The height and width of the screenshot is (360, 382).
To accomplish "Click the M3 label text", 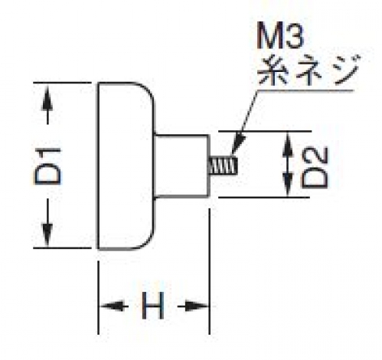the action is [280, 35].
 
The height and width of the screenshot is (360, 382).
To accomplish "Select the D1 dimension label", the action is [48, 166].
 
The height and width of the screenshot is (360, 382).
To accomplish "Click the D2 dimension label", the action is [315, 168].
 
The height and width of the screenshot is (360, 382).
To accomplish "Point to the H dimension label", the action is [152, 306].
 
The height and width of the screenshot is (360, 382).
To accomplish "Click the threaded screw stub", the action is [224, 165].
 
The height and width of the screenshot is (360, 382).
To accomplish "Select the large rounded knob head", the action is [126, 165].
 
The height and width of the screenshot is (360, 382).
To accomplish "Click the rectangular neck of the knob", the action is [182, 166].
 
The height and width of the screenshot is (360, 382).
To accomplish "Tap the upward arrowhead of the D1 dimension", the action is [47, 98].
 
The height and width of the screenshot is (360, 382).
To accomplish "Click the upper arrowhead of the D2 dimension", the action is [288, 143].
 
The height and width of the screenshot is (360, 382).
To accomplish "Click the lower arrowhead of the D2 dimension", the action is [288, 185].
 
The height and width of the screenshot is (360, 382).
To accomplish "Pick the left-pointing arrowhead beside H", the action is [112, 306].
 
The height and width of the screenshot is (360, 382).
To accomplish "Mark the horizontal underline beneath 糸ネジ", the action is [305, 90].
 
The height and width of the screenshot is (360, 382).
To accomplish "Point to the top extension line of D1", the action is [62, 83].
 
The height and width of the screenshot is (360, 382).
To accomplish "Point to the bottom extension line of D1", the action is [62, 247].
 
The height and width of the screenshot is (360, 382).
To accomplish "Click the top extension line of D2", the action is [265, 131].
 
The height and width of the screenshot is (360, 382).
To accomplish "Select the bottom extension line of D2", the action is [264, 197].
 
